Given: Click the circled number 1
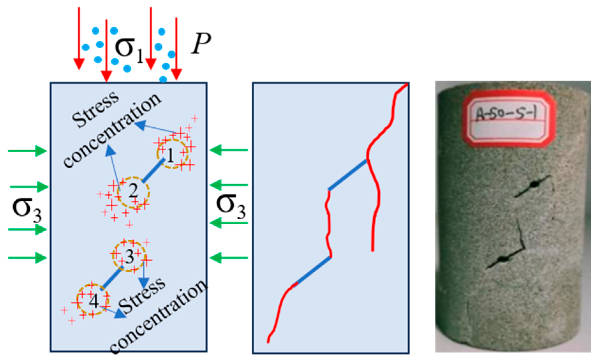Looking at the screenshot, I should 171,155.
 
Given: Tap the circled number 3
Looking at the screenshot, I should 129,256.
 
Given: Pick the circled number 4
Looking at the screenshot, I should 93,301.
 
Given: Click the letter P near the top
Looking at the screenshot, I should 201,43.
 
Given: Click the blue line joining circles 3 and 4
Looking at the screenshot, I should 112,278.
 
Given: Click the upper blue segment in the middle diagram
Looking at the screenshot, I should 348,175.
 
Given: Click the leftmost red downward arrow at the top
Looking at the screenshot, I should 79,38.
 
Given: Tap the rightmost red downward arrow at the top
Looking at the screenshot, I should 176,48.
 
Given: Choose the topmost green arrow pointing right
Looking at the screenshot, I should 27,151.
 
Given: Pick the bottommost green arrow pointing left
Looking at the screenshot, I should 229,258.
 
